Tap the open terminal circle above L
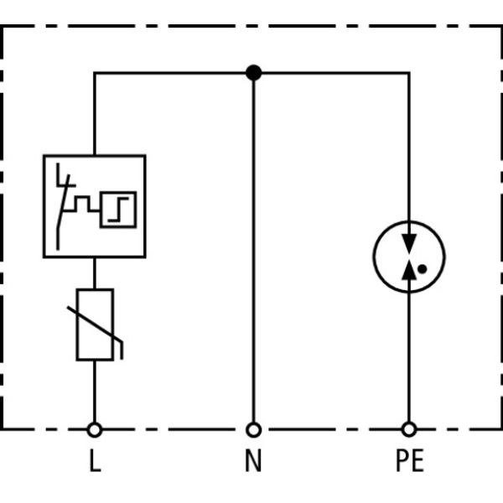pos(95,429)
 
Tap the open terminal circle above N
pos(253,429)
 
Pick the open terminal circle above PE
pos(408,429)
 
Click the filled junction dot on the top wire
pos(253,73)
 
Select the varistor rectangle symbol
pos(95,325)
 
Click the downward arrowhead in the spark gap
pos(408,241)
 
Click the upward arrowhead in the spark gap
pos(408,269)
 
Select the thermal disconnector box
pos(95,206)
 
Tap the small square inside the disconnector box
pos(118,209)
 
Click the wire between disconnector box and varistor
pos(95,273)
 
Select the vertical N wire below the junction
pos(253,251)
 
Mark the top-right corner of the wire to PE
pos(408,73)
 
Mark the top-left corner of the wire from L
pos(95,73)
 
